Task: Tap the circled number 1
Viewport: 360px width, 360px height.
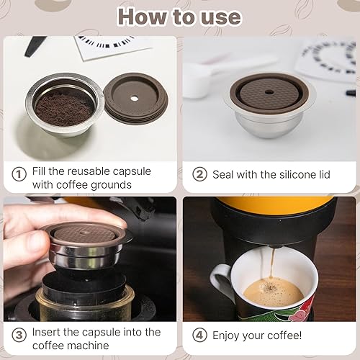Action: pyautogui.click(x=19, y=174)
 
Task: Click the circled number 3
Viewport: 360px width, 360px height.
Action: pyautogui.click(x=19, y=333)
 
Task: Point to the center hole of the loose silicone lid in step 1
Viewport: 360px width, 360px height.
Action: pyautogui.click(x=135, y=98)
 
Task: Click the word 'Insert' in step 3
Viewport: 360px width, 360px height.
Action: pyautogui.click(x=48, y=332)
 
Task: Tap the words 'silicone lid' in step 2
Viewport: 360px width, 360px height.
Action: pyautogui.click(x=313, y=174)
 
